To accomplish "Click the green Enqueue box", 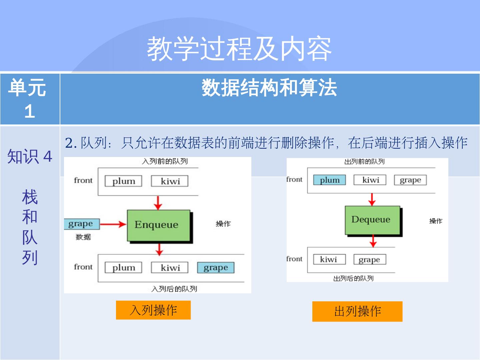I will click(158, 225).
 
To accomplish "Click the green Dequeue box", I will click(372, 220).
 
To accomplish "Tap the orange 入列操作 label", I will click(153, 310).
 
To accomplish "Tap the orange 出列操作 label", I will click(357, 311).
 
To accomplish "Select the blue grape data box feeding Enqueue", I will click(81, 224).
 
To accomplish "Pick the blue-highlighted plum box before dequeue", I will click(329, 180).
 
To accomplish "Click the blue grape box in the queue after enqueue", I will click(216, 268).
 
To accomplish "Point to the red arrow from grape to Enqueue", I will click(113, 224).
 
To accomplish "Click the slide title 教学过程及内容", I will click(239, 49).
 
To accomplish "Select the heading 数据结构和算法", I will click(269, 88).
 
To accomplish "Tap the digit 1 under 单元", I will click(30, 111).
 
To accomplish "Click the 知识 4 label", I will click(30, 156).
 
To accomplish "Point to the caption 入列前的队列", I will click(165, 162).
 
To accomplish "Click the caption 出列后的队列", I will click(353, 278).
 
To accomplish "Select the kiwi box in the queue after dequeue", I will click(329, 259).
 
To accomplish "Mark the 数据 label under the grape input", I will click(83, 237).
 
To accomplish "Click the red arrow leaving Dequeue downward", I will click(373, 241).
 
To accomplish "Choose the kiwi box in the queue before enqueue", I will click(170, 181).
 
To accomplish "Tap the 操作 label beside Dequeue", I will click(436, 221).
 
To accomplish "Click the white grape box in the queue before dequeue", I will click(410, 180).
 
